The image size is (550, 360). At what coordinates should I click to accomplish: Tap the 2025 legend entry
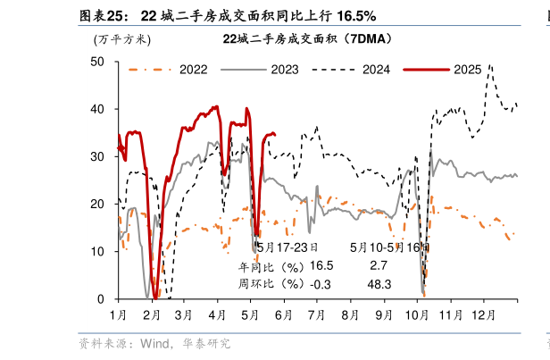coord(467,69)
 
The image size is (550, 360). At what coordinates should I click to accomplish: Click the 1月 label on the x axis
coord(119,315)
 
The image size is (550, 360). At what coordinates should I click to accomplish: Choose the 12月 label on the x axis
coord(484,315)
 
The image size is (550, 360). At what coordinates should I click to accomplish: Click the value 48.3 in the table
coord(380,283)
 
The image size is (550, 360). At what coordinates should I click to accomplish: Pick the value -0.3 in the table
coord(319,283)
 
